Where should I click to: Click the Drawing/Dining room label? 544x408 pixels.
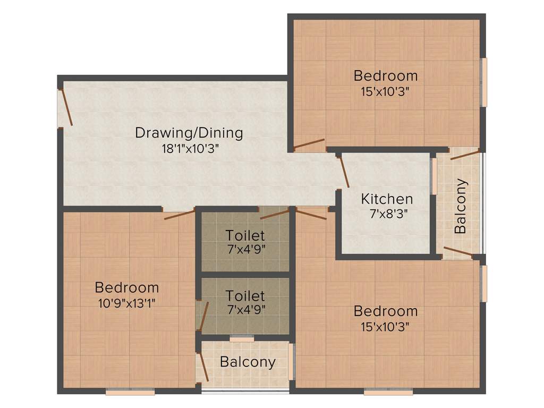pyautogui.click(x=189, y=133)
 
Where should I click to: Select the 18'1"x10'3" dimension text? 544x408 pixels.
pyautogui.click(x=190, y=149)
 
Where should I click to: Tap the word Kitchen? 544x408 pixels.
pyautogui.click(x=387, y=199)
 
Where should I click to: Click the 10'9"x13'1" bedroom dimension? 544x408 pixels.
pyautogui.click(x=126, y=303)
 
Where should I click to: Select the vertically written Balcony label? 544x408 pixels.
pyautogui.click(x=461, y=206)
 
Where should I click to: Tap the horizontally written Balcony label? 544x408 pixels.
pyautogui.click(x=248, y=362)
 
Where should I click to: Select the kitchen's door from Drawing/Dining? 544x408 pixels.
pyautogui.click(x=343, y=171)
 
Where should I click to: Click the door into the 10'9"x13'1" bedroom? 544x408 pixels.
pyautogui.click(x=180, y=215)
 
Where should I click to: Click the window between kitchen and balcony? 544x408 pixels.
pyautogui.click(x=434, y=176)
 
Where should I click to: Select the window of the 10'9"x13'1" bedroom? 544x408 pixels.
pyautogui.click(x=130, y=393)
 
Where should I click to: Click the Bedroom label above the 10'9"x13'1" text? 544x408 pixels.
pyautogui.click(x=126, y=288)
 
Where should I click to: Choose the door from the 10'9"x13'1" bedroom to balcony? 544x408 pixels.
pyautogui.click(x=202, y=365)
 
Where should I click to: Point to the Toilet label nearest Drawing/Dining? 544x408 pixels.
pyautogui.click(x=245, y=235)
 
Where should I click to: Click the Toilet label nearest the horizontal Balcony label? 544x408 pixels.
pyautogui.click(x=245, y=295)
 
